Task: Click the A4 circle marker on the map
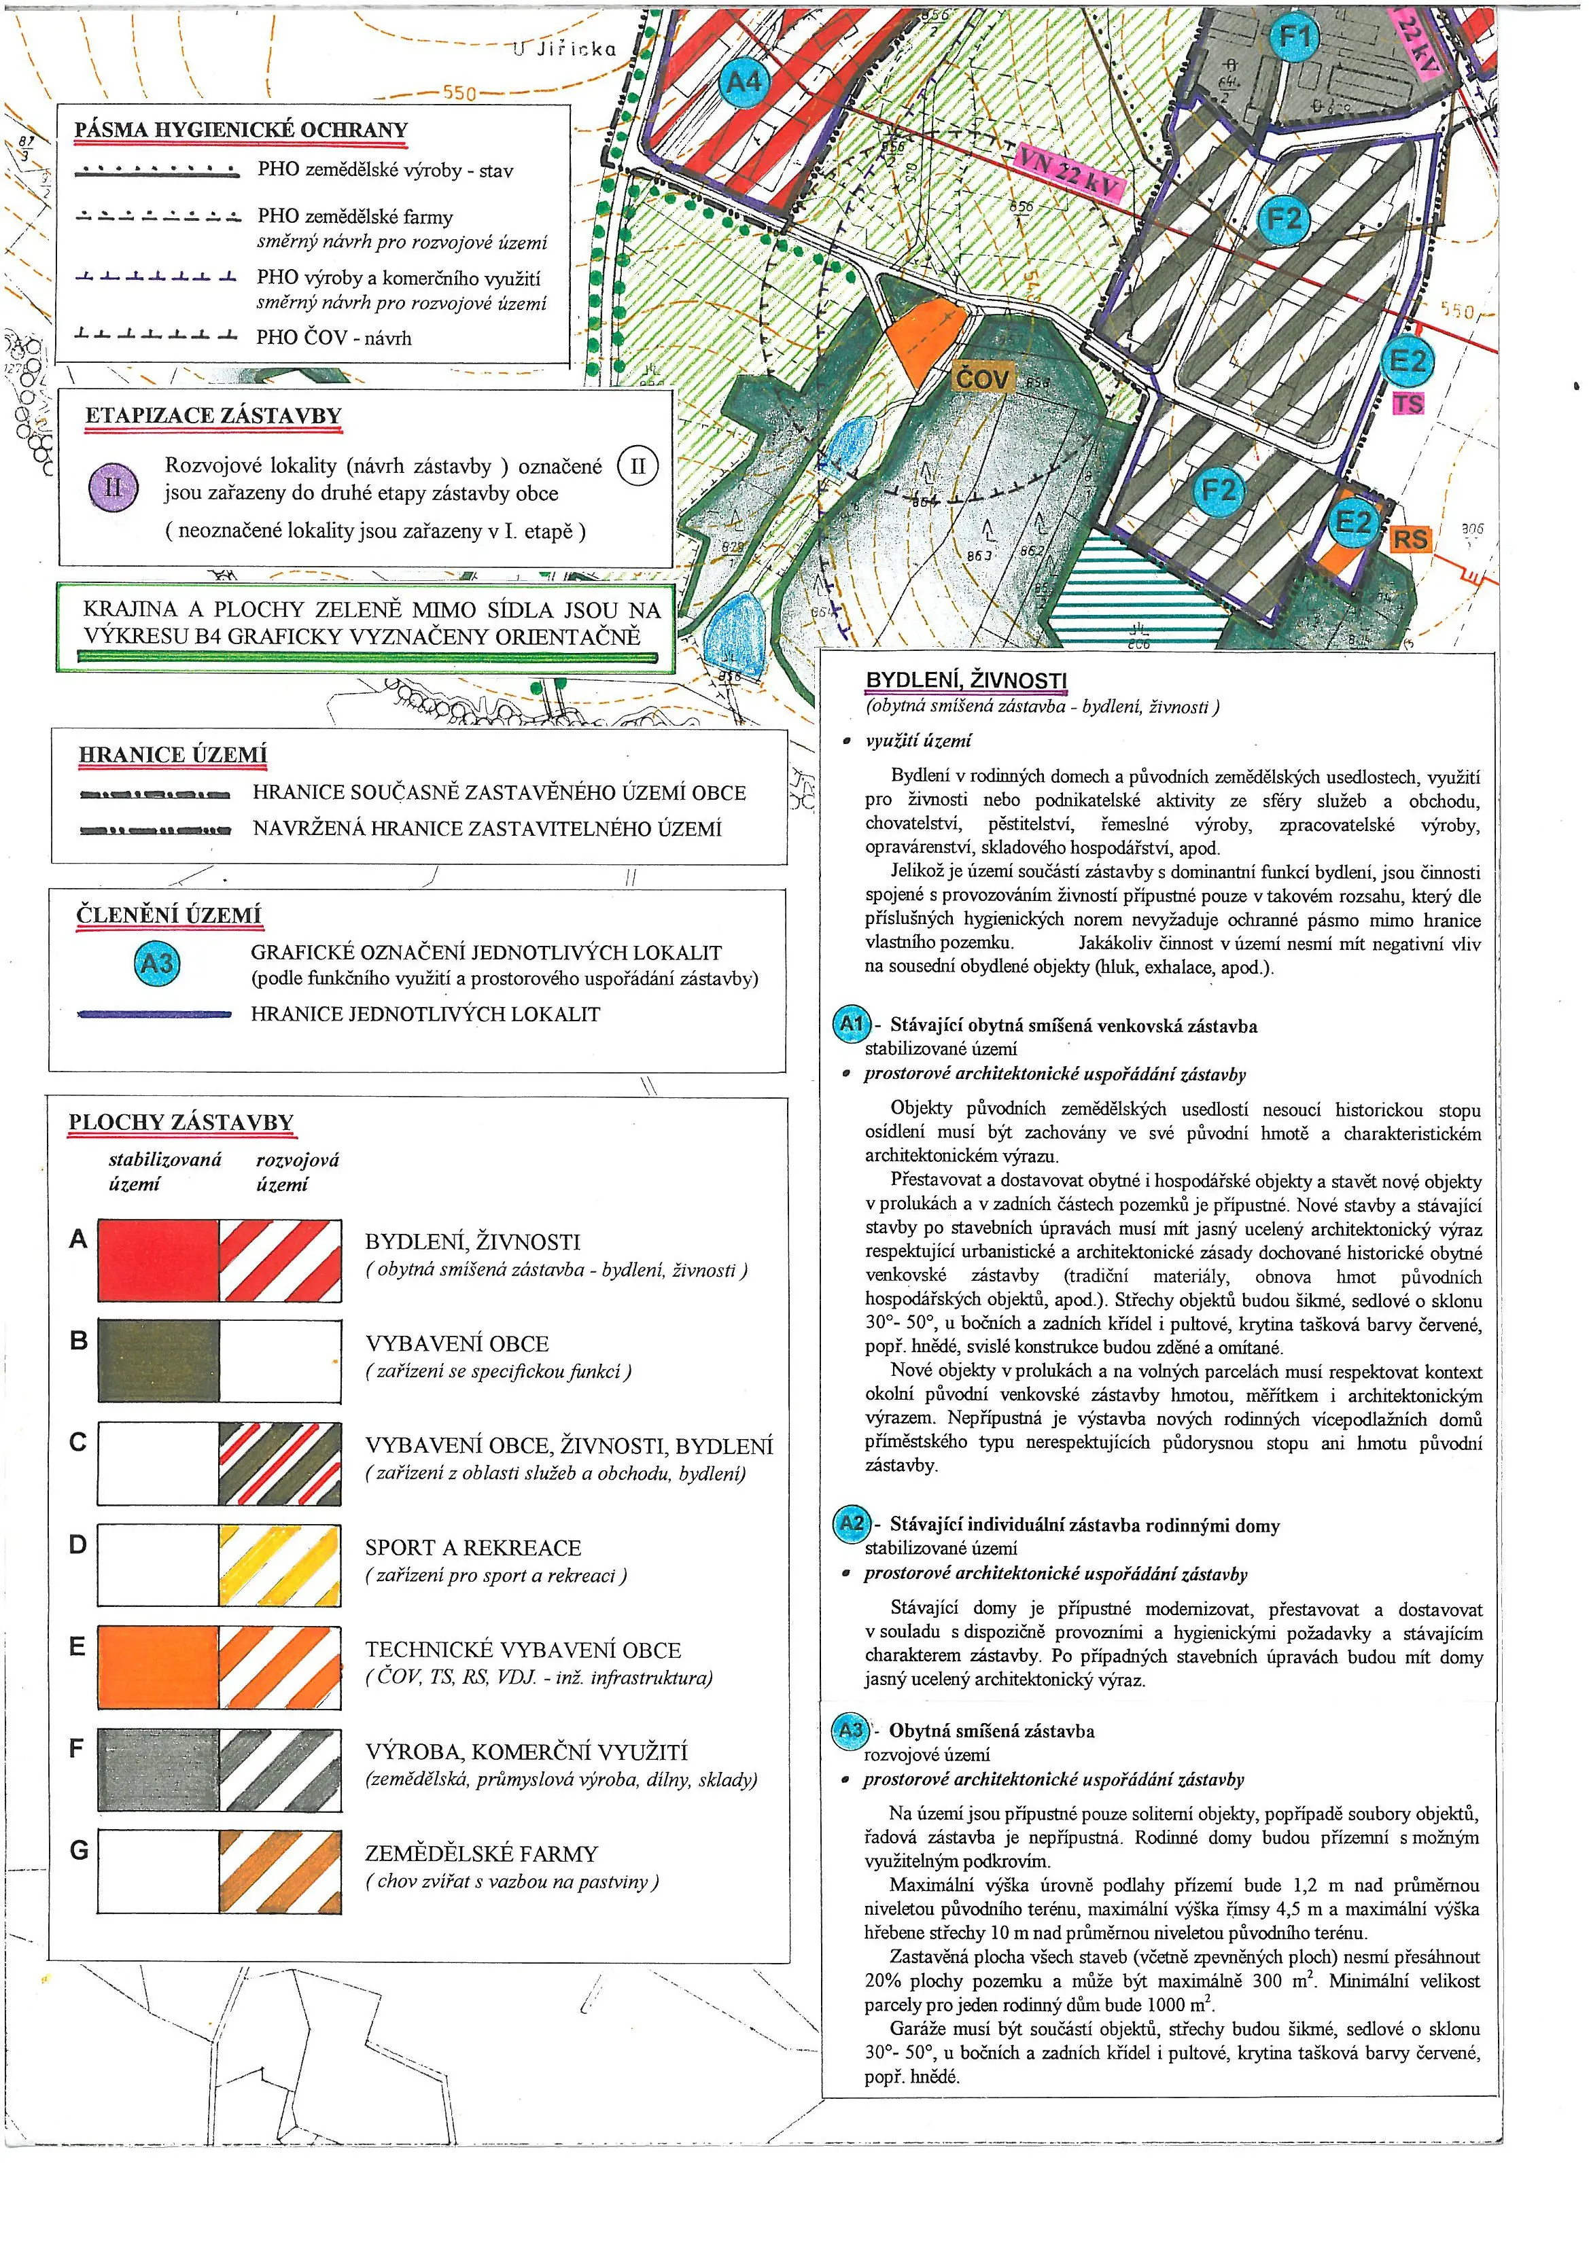click(745, 82)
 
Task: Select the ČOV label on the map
click(982, 377)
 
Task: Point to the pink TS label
click(1408, 403)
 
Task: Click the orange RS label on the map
click(1410, 538)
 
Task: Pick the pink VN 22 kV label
click(1068, 174)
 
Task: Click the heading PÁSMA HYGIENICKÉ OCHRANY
click(241, 130)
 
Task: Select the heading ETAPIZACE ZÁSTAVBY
click(213, 415)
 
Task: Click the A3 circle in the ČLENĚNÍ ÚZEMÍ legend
click(156, 964)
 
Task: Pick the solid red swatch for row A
click(158, 1260)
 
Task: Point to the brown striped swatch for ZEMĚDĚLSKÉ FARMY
click(280, 1871)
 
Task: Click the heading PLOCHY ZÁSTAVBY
click(181, 1122)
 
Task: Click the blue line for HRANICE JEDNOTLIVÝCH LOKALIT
click(155, 1015)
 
